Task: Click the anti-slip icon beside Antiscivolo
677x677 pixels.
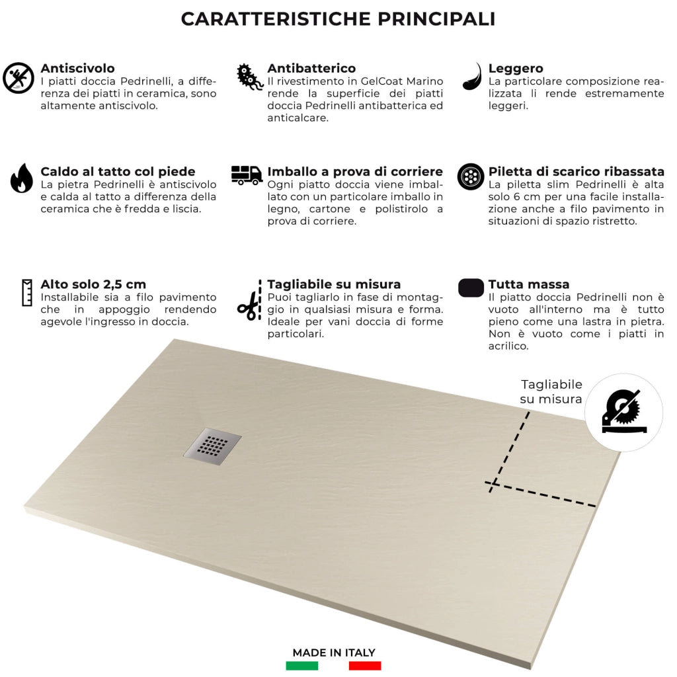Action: tap(19, 78)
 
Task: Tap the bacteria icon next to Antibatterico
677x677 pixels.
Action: tap(250, 77)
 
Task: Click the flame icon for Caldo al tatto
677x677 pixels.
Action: tap(21, 178)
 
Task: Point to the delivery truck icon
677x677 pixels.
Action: tap(247, 175)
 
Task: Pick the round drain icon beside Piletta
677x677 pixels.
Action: tap(471, 177)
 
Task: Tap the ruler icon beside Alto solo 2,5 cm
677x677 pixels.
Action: tap(27, 292)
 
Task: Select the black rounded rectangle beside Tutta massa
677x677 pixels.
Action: tap(471, 288)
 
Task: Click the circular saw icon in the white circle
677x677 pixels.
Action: tap(623, 413)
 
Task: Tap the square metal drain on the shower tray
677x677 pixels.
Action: tap(212, 446)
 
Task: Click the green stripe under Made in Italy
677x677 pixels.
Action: tap(302, 666)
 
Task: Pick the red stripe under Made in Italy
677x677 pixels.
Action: tap(365, 666)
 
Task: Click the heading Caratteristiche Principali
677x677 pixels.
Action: tap(338, 19)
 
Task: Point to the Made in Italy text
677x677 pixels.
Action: tap(334, 653)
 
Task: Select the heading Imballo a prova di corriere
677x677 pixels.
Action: tap(355, 172)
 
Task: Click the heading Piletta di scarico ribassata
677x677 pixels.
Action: tap(576, 172)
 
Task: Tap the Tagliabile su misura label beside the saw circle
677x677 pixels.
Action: tap(551, 392)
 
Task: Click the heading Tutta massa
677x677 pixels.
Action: tap(528, 284)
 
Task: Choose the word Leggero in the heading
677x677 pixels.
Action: tap(516, 68)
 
